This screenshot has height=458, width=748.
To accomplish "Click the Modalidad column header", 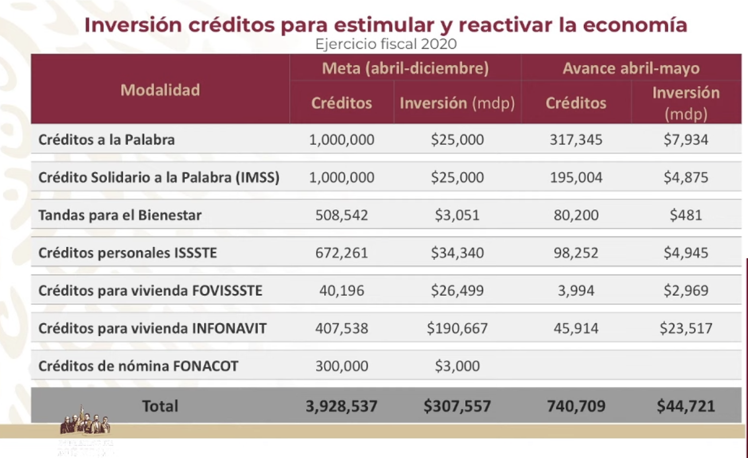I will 160,90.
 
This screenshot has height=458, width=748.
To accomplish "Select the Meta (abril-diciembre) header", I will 405,68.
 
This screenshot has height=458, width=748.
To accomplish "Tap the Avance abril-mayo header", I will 631,68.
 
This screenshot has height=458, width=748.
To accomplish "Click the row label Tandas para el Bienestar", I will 120,216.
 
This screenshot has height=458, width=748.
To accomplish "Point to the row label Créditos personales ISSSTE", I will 128,253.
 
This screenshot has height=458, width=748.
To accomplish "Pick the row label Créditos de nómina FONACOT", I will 138,366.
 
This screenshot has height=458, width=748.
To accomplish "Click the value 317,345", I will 575,139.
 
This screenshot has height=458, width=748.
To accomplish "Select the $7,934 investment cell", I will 685,139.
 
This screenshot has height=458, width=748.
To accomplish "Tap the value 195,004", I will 575,177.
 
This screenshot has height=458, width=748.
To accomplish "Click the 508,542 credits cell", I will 341,216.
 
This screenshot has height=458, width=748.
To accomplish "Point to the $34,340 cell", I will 457,253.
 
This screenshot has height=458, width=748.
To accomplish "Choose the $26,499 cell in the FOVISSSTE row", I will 457,290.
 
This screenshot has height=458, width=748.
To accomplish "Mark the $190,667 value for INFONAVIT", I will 457,328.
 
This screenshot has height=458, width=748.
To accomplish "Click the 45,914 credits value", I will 575,328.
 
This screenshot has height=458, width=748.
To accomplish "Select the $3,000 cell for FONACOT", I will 457,366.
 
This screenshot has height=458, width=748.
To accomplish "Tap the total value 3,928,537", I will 341,406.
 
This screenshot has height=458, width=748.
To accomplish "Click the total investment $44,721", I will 685,406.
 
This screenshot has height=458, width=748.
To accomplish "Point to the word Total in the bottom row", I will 160,406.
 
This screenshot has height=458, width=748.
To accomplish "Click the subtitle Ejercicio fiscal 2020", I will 385,44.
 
